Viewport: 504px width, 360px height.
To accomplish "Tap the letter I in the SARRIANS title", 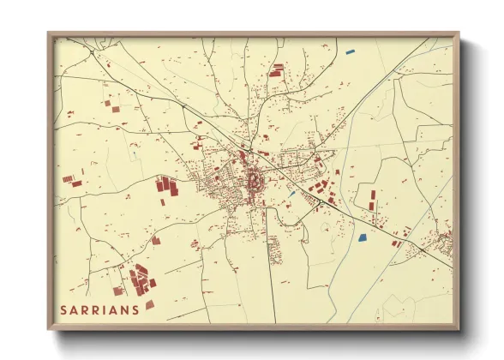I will tap(104, 310).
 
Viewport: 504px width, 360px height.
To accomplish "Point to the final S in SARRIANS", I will tap(135, 310).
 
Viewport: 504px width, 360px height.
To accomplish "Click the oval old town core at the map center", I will tap(255, 181).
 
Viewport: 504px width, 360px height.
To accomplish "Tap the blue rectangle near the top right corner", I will tap(350, 53).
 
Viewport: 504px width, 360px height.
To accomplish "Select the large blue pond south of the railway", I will tap(361, 237).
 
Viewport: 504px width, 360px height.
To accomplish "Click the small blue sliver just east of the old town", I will tap(292, 194).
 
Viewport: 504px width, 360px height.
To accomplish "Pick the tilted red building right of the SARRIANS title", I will tap(149, 304).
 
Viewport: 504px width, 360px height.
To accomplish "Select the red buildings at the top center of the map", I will tap(277, 70).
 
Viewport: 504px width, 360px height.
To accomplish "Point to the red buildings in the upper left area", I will tap(110, 107).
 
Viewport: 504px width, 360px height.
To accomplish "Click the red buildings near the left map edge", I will tap(72, 181).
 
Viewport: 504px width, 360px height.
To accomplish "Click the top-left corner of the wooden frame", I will tap(49, 34).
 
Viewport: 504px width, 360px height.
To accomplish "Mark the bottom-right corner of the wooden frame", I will tap(459, 329).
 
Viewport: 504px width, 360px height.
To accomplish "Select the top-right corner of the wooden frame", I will tap(459, 34).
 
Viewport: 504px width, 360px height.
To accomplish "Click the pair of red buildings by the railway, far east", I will tap(396, 243).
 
